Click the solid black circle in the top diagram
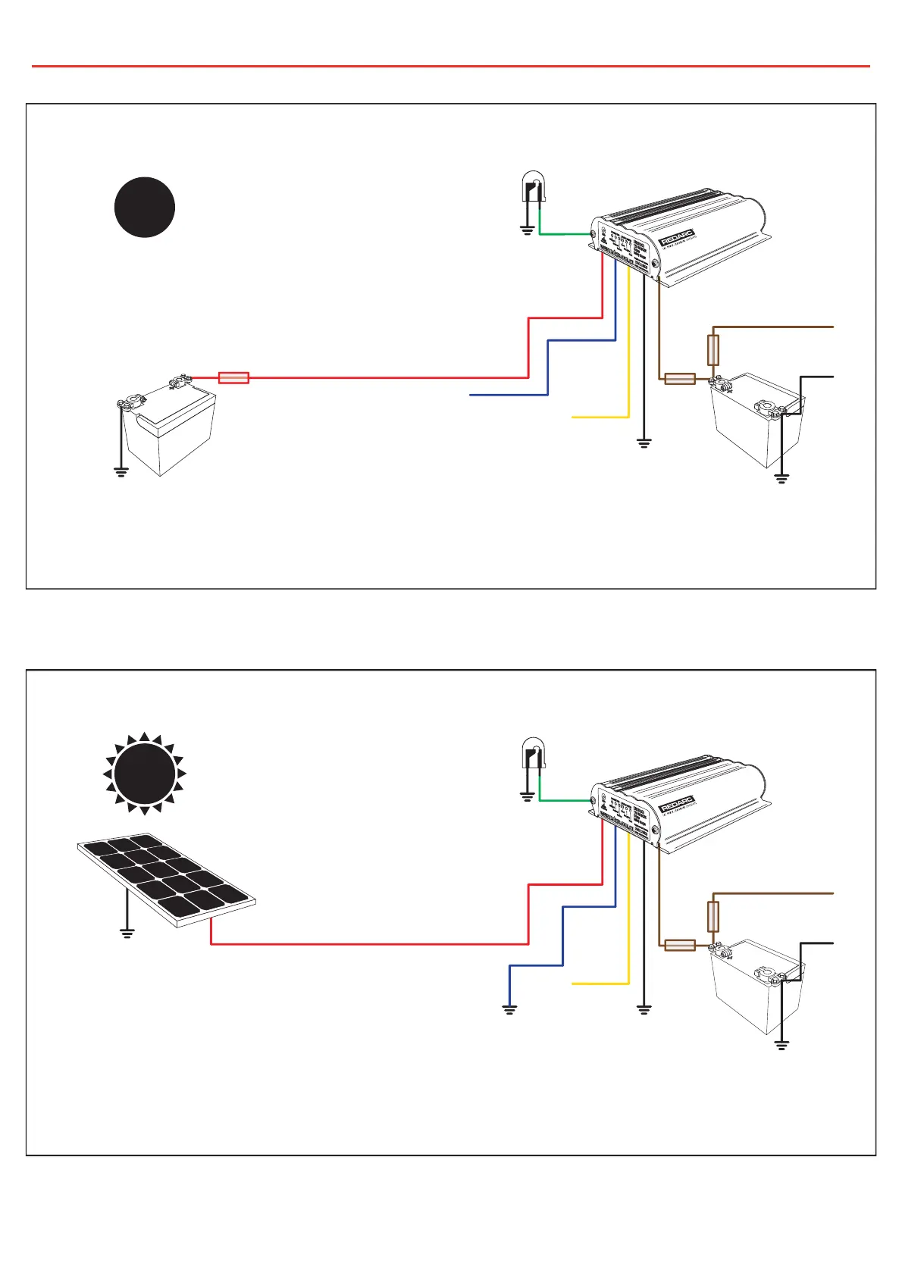(145, 207)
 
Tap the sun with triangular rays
(145, 774)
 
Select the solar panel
(167, 880)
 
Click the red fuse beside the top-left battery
(233, 377)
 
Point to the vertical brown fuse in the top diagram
(713, 350)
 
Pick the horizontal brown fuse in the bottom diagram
(680, 945)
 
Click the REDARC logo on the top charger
(677, 238)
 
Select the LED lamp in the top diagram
(532, 187)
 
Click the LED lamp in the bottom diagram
(532, 754)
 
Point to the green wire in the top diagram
(565, 234)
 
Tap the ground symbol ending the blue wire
(509, 1009)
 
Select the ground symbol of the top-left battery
(121, 471)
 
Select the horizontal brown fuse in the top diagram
(680, 379)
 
